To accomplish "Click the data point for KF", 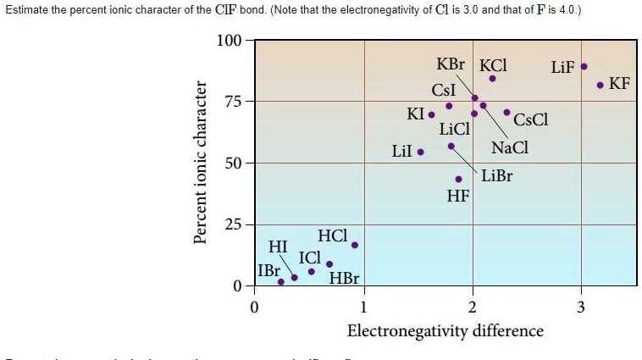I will (600, 85).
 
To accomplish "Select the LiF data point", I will (584, 66).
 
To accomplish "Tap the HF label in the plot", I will (457, 197).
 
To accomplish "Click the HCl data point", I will (355, 246).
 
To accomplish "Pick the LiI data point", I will (421, 152).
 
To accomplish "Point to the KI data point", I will (431, 114).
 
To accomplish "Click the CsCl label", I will (531, 119).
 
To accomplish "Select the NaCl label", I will (510, 147).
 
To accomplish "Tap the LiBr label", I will (497, 176).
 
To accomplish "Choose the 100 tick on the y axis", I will (229, 41).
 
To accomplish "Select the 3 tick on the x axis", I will (581, 306).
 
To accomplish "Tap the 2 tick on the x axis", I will (473, 306).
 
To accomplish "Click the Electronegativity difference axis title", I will (446, 330).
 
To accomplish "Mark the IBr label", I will (269, 271).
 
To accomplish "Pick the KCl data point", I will (492, 79).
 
